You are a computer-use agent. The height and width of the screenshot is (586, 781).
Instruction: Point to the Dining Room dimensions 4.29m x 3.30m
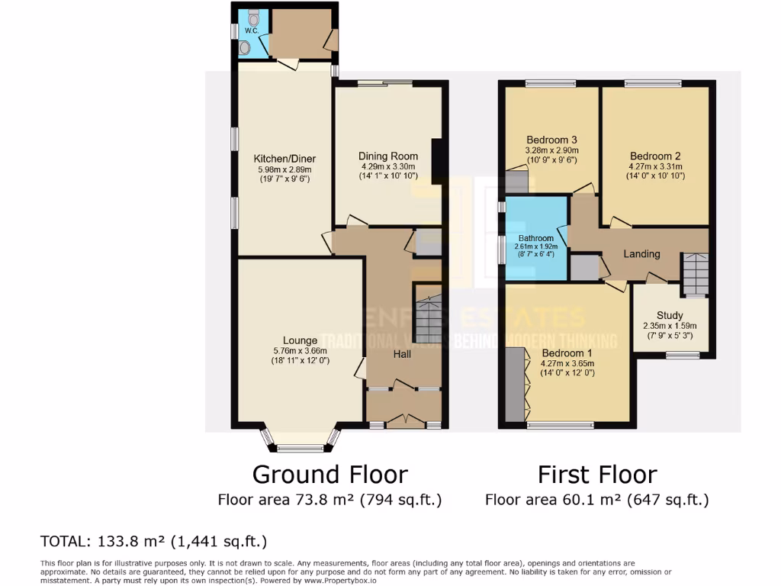point(389,166)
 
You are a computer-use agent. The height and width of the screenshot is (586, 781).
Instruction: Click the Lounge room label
point(300,340)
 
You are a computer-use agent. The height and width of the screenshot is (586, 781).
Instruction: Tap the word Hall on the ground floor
point(403,354)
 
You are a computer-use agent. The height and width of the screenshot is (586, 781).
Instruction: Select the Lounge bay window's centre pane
point(300,449)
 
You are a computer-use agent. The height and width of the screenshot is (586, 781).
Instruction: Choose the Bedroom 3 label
point(551,140)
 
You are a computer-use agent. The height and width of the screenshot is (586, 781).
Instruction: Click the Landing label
point(641,254)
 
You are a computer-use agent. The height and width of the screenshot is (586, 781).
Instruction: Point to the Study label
point(670,315)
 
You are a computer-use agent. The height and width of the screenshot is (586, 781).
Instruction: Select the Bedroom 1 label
point(567,353)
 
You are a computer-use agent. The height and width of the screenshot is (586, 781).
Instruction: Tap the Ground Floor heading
point(329,475)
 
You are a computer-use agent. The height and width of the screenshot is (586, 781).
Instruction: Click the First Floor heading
point(597,475)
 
